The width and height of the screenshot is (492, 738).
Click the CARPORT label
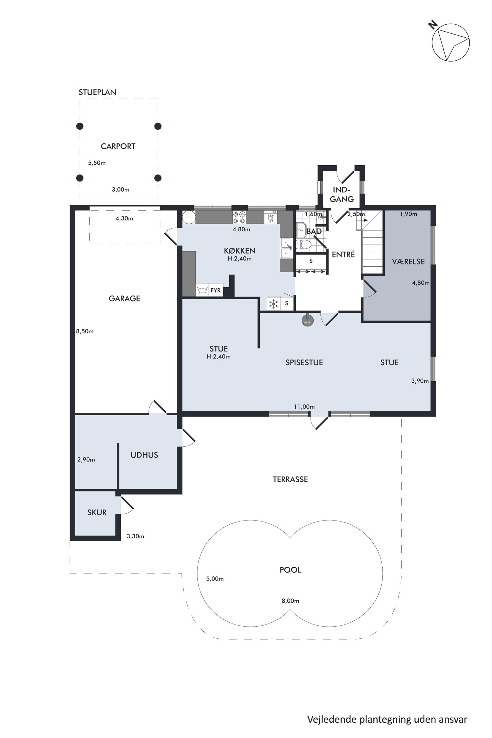(x=118, y=146)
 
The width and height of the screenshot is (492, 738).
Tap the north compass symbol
(x=450, y=42)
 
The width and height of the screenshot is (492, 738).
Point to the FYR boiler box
(x=215, y=290)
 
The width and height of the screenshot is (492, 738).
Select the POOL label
(x=290, y=570)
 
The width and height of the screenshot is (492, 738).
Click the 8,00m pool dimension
(x=290, y=601)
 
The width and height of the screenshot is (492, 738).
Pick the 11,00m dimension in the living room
(x=304, y=407)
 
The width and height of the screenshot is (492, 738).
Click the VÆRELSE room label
(x=408, y=261)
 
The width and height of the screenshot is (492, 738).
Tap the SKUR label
(x=97, y=512)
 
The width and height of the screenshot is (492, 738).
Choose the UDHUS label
(x=144, y=455)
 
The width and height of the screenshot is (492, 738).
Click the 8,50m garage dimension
(x=85, y=331)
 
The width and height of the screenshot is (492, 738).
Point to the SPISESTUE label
(x=304, y=362)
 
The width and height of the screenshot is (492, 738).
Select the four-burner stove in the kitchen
(x=239, y=217)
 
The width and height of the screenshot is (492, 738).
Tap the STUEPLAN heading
(x=97, y=92)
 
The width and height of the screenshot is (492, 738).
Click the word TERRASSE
(x=290, y=479)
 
